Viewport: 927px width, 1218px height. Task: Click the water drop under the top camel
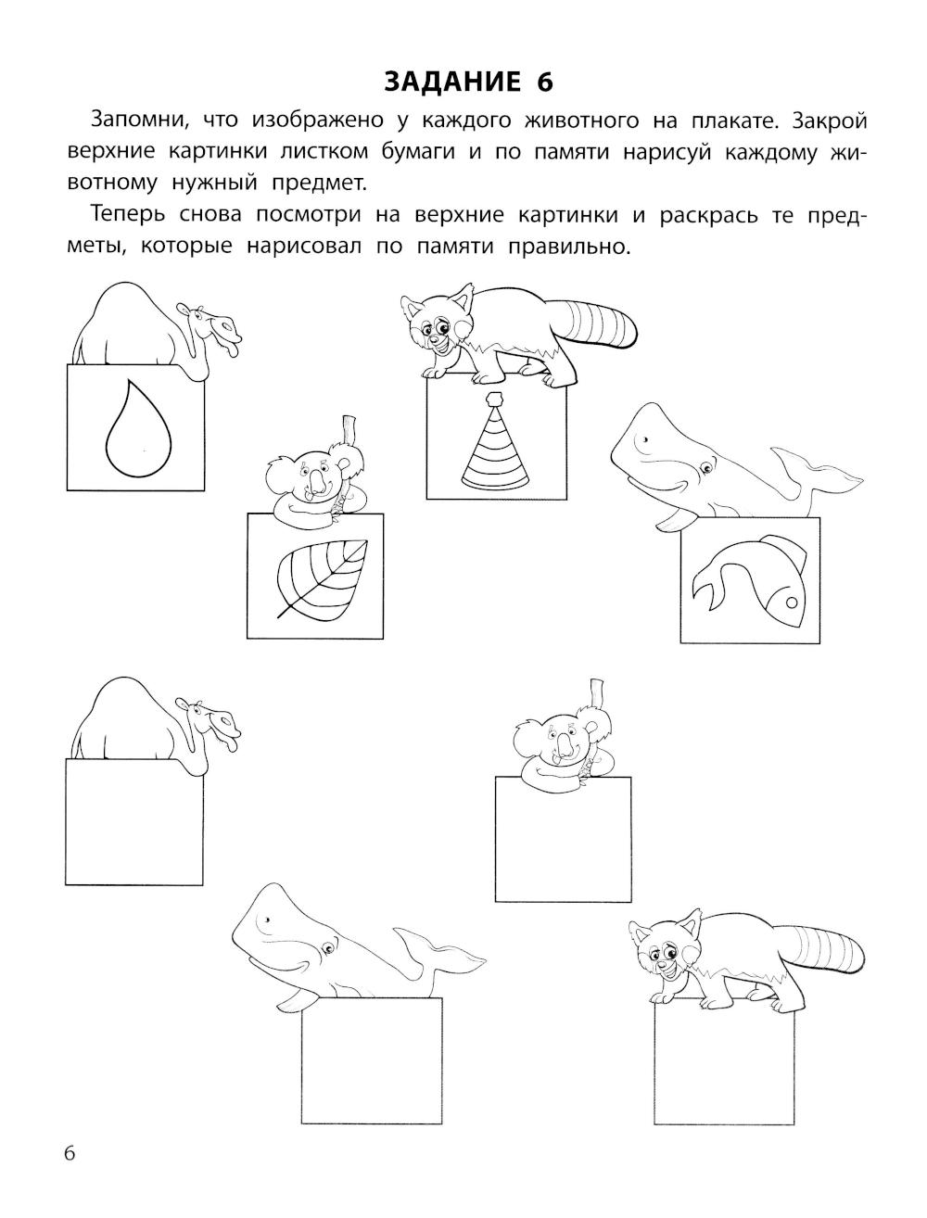[138, 428]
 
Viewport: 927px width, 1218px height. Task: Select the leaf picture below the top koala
[322, 578]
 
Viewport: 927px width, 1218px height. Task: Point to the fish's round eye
[792, 603]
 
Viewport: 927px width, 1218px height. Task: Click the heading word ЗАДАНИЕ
[452, 82]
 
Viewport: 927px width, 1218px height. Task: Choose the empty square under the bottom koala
[563, 839]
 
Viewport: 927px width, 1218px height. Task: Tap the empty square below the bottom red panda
[724, 1061]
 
